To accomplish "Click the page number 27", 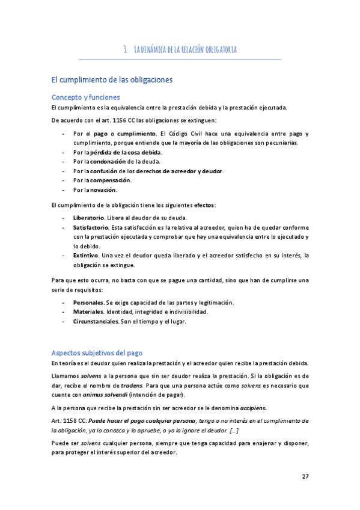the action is click(305, 476).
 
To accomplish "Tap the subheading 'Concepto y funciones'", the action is click(86, 97).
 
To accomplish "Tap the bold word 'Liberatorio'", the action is click(88, 217).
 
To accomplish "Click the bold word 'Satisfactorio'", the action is click(91, 227).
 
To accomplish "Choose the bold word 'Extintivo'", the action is click(86, 255).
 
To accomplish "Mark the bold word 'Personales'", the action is click(88, 302).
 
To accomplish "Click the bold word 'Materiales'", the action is click(88, 312).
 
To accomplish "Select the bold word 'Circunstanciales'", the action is click(96, 321).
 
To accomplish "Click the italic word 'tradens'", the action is click(130, 385).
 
